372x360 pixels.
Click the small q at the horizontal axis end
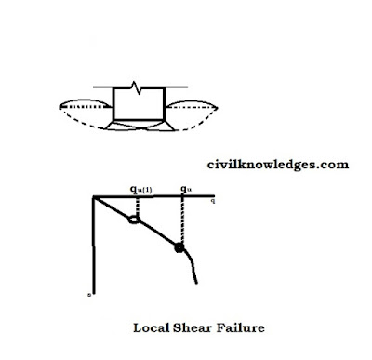215,199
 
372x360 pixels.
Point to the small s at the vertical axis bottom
89,294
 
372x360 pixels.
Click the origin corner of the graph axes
93,198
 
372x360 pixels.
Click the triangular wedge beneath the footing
138,122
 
